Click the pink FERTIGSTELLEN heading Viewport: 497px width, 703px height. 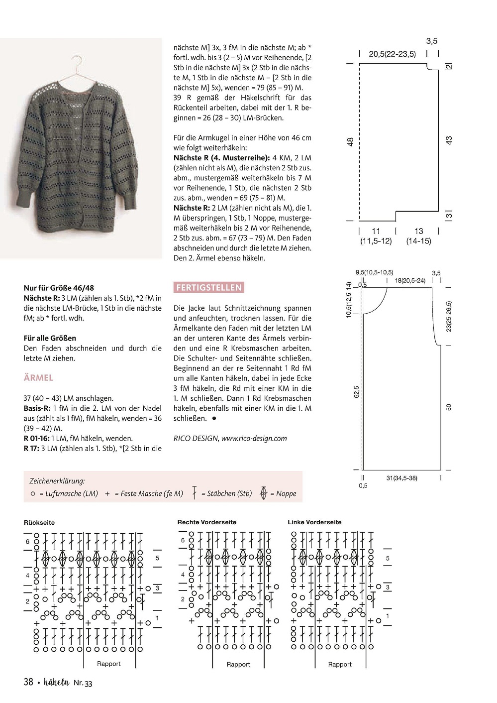click(x=209, y=288)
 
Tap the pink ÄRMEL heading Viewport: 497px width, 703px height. click(x=38, y=378)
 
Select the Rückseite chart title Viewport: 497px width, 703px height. click(x=39, y=523)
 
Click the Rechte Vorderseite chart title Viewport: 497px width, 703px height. click(x=207, y=522)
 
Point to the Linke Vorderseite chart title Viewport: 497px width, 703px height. click(x=314, y=522)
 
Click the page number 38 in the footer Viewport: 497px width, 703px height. click(x=28, y=682)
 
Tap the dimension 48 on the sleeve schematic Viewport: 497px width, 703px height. click(x=350, y=142)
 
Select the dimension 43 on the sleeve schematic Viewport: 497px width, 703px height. click(x=449, y=141)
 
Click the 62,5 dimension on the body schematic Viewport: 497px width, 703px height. click(x=356, y=391)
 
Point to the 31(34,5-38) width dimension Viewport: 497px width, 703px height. click(x=401, y=478)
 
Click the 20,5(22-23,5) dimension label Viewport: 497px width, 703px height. click(x=392, y=54)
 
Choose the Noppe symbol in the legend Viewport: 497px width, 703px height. click(x=264, y=493)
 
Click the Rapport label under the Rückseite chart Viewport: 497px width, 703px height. click(x=109, y=664)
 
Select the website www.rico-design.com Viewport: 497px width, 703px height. click(x=254, y=439)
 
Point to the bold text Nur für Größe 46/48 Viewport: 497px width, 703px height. click(x=59, y=288)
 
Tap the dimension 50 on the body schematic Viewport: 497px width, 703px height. click(x=449, y=407)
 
